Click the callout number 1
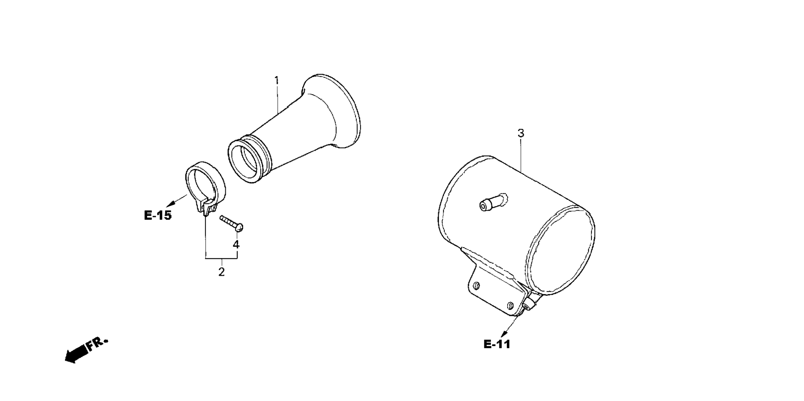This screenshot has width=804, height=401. click(276, 80)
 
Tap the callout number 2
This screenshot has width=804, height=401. click(222, 272)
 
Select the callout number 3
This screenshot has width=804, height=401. click(521, 133)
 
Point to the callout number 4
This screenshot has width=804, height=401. click(236, 245)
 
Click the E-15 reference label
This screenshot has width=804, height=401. click(158, 215)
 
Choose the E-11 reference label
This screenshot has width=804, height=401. click(497, 344)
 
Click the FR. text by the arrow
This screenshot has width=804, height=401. click(96, 343)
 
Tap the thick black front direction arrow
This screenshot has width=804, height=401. click(77, 354)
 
